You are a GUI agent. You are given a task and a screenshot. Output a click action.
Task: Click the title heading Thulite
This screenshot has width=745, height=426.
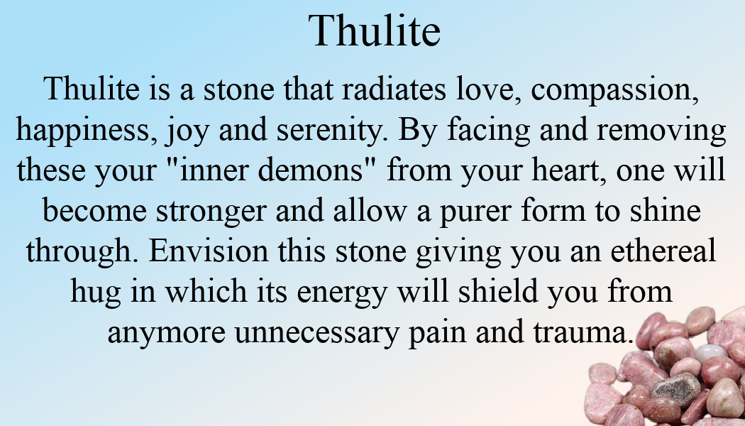pyautogui.click(x=375, y=31)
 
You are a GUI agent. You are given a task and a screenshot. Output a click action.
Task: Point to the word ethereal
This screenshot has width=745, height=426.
pyautogui.click(x=663, y=251)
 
